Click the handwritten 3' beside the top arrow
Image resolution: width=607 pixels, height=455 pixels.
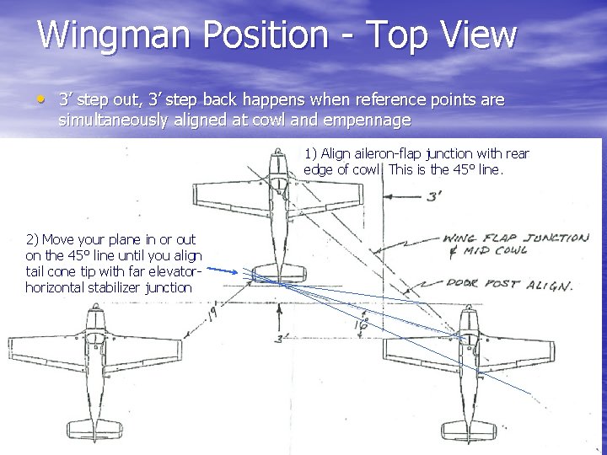click(x=434, y=196)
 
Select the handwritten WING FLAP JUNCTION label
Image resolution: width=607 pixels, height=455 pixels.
click(x=515, y=238)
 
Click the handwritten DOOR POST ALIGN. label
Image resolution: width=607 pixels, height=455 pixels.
click(x=511, y=285)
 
